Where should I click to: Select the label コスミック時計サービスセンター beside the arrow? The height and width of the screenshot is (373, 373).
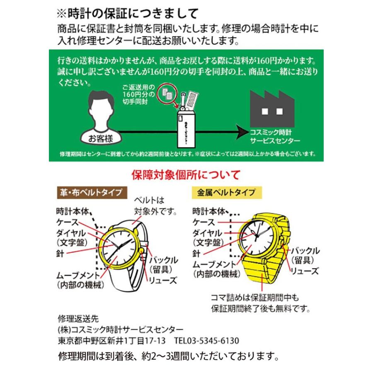pos(275,136)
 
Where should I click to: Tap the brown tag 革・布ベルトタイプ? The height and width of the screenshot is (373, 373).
pos(90,193)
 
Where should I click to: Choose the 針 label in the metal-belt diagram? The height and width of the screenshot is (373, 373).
pos(196,253)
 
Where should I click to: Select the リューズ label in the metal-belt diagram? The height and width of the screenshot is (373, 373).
pos(304,271)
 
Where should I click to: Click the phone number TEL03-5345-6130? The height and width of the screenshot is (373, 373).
pos(207,341)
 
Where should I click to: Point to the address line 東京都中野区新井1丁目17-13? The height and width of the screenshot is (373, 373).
pos(111,341)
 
